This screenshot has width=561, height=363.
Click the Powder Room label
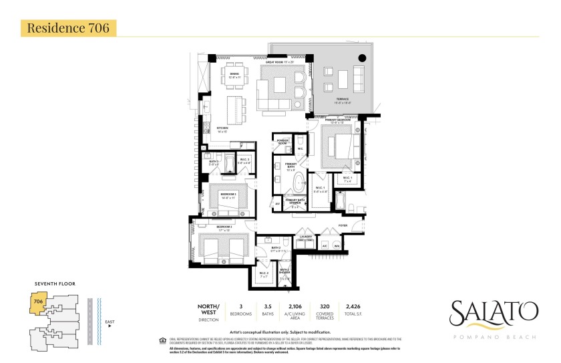pos(283,142)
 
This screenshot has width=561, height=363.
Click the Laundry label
pos(306,236)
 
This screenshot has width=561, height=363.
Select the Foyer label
pos(343,226)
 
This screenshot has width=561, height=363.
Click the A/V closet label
pos(277,203)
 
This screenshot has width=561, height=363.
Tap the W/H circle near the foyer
pos(337,245)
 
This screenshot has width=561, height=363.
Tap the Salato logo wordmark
pos(493,312)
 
